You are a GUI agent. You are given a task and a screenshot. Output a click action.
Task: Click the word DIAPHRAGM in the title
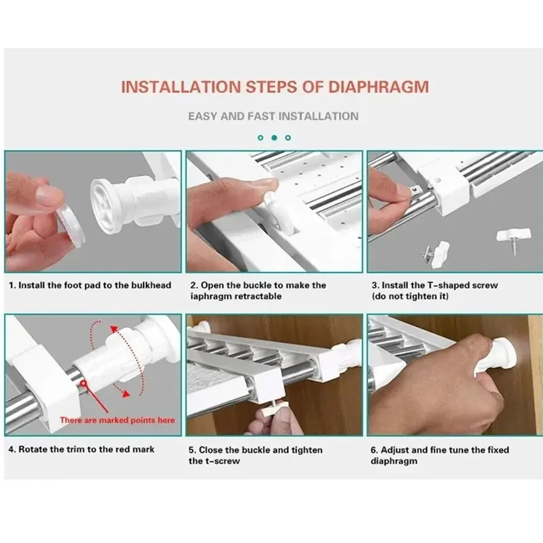[x=378, y=87]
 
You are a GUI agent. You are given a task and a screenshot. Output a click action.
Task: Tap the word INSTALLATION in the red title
[x=181, y=87]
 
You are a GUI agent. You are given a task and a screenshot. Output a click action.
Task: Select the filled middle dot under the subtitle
[x=275, y=138]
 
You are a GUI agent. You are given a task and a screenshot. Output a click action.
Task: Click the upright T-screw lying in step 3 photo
[x=513, y=240]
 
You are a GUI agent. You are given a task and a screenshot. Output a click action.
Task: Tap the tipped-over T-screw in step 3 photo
[x=436, y=251]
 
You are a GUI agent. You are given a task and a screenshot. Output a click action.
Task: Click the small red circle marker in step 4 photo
[x=83, y=383]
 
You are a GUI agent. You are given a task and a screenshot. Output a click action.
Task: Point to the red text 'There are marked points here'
[x=118, y=420]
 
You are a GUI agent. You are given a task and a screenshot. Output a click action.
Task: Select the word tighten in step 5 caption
[x=307, y=450]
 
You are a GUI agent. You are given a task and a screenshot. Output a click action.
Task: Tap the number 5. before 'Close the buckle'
[x=192, y=450]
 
